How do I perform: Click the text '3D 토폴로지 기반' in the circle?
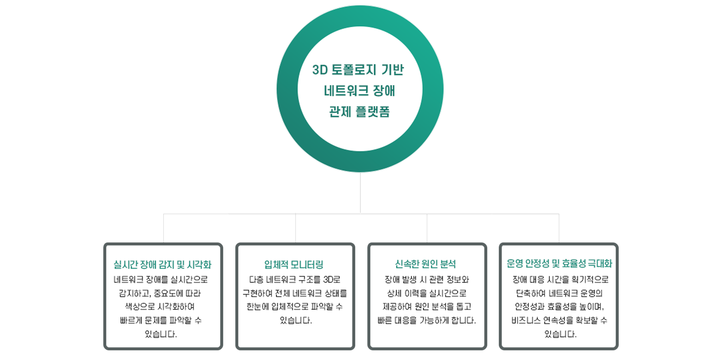pos(358,70)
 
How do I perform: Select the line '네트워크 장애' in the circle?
pos(359,91)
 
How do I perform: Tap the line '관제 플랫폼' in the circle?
pos(359,112)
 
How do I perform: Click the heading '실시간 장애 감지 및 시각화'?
pos(162,264)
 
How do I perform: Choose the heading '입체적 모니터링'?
pos(294,264)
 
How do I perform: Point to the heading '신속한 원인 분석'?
pos(425,264)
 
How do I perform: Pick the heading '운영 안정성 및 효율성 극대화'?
pos(559,264)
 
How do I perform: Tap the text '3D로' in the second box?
pos(332,280)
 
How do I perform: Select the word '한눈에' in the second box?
pos(258,307)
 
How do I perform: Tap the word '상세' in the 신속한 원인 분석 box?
pos(394,293)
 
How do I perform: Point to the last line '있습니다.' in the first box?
pos(161,334)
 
